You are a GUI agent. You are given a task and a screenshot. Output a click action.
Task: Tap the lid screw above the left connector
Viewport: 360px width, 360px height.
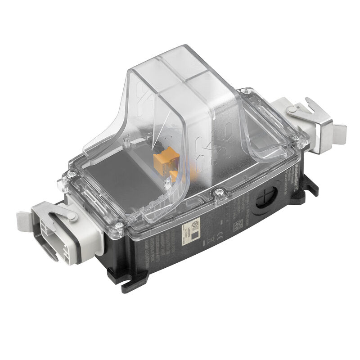tap(71, 173)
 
